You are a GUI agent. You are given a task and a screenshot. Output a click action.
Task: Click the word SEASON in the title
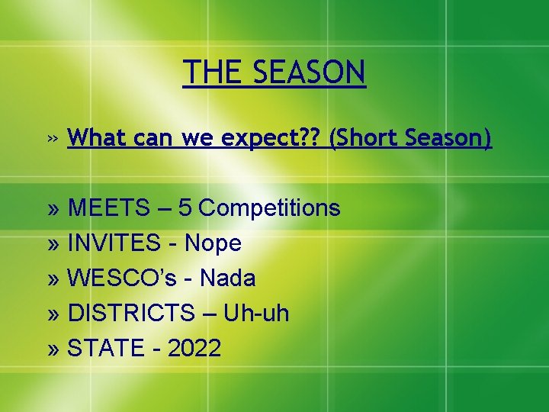(x=310, y=72)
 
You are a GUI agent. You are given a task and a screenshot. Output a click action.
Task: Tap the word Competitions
(x=270, y=208)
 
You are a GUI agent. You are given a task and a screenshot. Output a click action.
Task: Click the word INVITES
(x=114, y=243)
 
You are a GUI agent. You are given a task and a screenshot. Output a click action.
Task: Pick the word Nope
(x=213, y=243)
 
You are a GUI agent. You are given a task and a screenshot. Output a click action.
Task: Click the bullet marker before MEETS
(x=54, y=208)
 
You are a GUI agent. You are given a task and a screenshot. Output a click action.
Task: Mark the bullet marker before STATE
(x=54, y=349)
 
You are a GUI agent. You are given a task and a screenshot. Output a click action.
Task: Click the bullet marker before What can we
(x=51, y=139)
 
